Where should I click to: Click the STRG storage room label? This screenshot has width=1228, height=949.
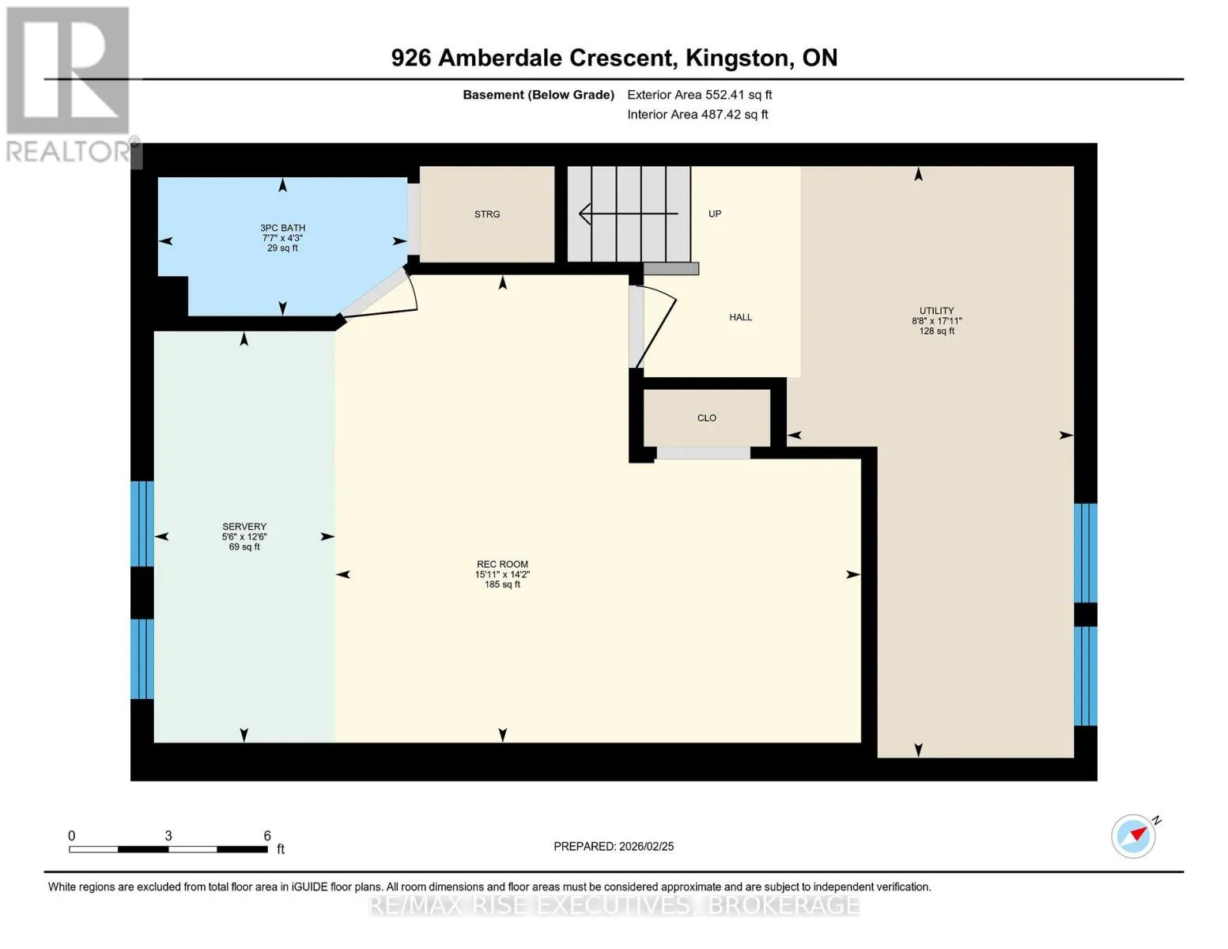486,214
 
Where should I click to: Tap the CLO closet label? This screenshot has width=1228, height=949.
706,418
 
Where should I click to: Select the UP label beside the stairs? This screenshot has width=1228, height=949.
714,214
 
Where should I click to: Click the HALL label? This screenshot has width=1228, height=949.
740,317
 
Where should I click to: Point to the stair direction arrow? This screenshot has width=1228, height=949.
629,214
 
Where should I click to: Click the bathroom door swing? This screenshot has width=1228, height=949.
411,291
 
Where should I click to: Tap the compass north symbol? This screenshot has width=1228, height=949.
1134,836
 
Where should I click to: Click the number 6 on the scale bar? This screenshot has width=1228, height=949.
267,835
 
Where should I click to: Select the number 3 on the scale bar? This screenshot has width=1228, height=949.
168,835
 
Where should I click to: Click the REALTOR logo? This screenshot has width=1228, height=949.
69,85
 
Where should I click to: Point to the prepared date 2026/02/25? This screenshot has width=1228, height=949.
646,846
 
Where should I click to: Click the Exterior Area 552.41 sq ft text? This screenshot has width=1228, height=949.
699,95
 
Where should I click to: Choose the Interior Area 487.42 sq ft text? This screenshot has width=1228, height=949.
697,115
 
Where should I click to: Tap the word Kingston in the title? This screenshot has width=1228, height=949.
737,59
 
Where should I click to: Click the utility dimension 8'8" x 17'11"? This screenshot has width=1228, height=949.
936,320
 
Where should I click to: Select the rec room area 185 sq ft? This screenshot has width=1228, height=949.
502,584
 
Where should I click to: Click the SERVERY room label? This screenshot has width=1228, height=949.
244,526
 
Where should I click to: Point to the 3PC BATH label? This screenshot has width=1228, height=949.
282,228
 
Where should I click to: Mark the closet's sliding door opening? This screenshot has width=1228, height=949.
703,452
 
